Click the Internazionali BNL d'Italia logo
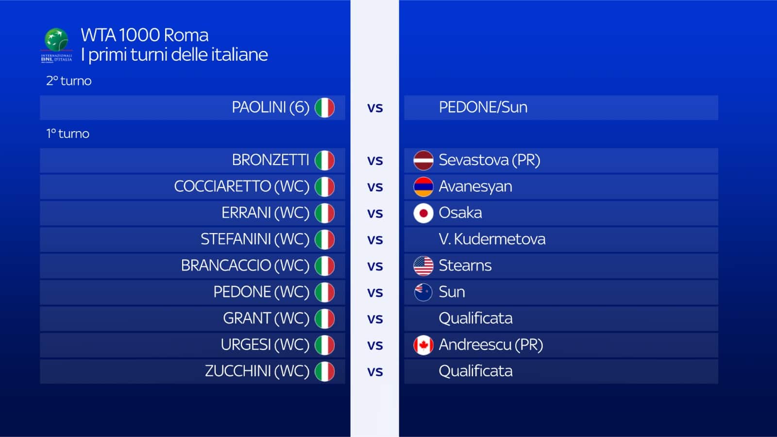pyautogui.click(x=56, y=46)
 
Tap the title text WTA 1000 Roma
pyautogui.click(x=145, y=35)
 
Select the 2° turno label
pyautogui.click(x=68, y=81)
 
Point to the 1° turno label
pyautogui.click(x=68, y=134)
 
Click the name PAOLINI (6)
pyautogui.click(x=270, y=107)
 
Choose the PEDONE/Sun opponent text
pyautogui.click(x=483, y=107)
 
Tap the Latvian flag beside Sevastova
pyautogui.click(x=423, y=160)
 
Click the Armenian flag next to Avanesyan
pyautogui.click(x=423, y=186)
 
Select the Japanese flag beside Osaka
pyautogui.click(x=423, y=213)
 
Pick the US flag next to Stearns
pyautogui.click(x=423, y=266)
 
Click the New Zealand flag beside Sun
pyautogui.click(x=423, y=292)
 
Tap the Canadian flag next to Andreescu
pyautogui.click(x=423, y=345)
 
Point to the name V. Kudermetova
pyautogui.click(x=492, y=239)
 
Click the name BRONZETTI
pyautogui.click(x=270, y=160)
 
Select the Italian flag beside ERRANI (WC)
pyautogui.click(x=325, y=213)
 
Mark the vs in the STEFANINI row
pyautogui.click(x=375, y=240)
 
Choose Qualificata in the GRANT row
pyautogui.click(x=475, y=319)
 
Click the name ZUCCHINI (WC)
pyautogui.click(x=257, y=371)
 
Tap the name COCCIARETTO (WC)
pyautogui.click(x=242, y=186)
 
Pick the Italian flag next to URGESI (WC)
pyautogui.click(x=325, y=345)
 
